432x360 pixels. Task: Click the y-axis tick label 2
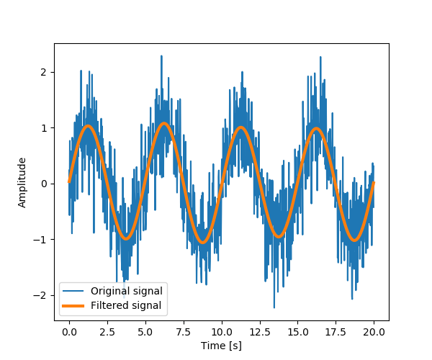point(45,72)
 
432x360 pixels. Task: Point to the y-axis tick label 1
point(45,128)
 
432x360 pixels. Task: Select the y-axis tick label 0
point(45,184)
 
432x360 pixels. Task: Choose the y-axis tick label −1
point(42,240)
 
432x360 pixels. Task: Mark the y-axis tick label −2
point(42,295)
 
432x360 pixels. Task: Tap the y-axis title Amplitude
point(22,182)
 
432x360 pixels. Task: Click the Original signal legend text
point(126,291)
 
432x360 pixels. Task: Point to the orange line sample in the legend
point(75,305)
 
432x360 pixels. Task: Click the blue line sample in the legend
point(75,291)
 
